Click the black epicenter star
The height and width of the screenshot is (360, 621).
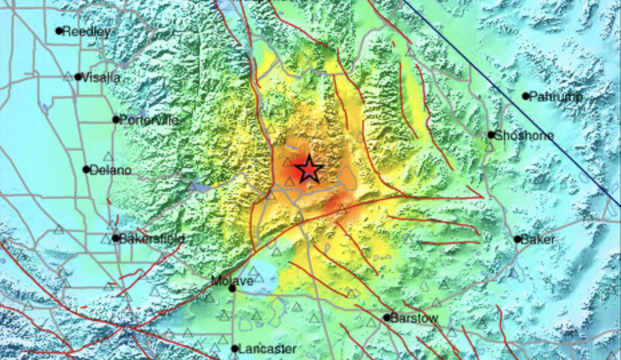pyautogui.click(x=309, y=170)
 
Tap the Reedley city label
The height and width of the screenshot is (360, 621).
pyautogui.click(x=86, y=31)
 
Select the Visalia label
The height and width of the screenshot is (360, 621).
pyautogui.click(x=101, y=77)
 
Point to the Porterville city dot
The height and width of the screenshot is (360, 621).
pyautogui.click(x=116, y=119)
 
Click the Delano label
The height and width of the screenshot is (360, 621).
pyautogui.click(x=111, y=170)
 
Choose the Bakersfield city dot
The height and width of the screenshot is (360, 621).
pyautogui.click(x=116, y=238)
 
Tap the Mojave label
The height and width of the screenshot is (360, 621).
pyautogui.click(x=232, y=281)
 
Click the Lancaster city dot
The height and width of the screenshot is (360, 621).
pyautogui.click(x=235, y=348)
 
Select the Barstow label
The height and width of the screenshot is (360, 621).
pyautogui.click(x=414, y=318)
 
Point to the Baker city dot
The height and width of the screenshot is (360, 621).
pyautogui.click(x=517, y=239)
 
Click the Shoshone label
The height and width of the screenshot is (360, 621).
pyautogui.click(x=524, y=135)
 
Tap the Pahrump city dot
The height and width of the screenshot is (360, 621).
pyautogui.click(x=526, y=96)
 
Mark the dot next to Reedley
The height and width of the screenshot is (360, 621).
pyautogui.click(x=59, y=31)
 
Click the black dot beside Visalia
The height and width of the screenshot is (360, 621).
pyautogui.click(x=78, y=77)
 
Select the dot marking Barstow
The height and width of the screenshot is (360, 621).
pyautogui.click(x=387, y=318)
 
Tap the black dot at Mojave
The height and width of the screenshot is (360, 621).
pyautogui.click(x=232, y=289)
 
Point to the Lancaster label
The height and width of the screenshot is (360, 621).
pyautogui.click(x=267, y=349)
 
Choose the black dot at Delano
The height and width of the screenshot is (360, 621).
pyautogui.click(x=86, y=169)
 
